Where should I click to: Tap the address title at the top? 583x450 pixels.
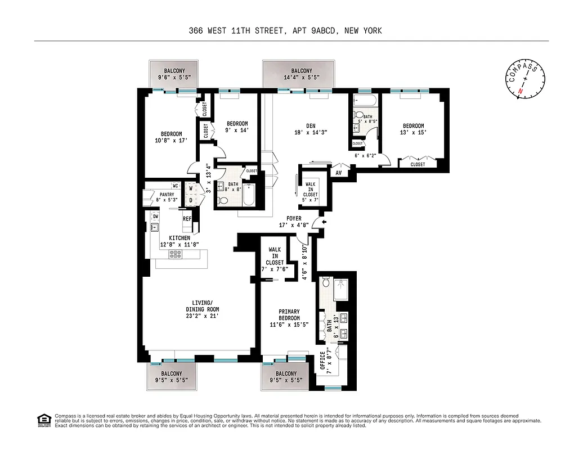285,31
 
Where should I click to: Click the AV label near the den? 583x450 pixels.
339,173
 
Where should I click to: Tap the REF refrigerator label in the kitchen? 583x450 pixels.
186,219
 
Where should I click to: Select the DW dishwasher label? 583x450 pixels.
155,216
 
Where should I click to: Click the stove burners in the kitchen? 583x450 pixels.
176,254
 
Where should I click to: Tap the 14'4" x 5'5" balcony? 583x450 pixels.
298,74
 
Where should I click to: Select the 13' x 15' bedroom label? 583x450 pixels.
413,129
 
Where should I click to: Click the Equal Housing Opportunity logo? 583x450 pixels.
42,420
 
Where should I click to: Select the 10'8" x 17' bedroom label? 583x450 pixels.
171,137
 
